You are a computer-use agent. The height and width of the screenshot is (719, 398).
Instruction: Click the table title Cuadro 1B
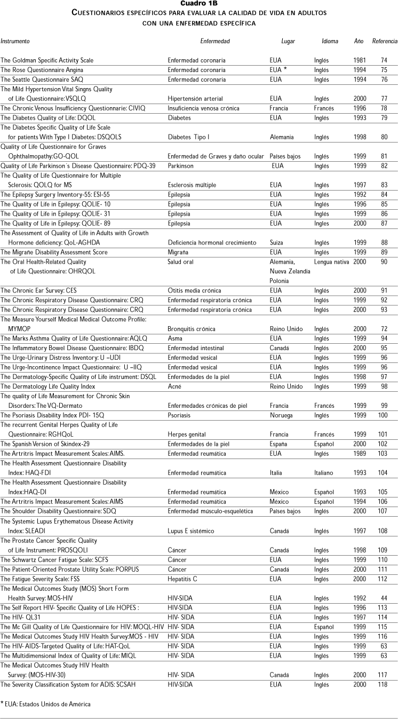pyautogui.click(x=198, y=4)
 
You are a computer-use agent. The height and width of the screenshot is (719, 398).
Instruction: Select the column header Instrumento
pyautogui.click(x=15, y=41)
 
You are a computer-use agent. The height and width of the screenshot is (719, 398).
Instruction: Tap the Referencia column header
pyautogui.click(x=384, y=41)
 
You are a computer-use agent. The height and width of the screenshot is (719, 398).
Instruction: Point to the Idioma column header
pyautogui.click(x=330, y=41)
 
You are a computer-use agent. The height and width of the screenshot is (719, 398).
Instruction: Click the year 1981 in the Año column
pyautogui.click(x=360, y=60)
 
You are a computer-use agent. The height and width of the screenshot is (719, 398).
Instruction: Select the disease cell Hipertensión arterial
pyautogui.click(x=195, y=99)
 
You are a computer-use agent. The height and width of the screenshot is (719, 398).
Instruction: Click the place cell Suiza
pyautogui.click(x=277, y=242)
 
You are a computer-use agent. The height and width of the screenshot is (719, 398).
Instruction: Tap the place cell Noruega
pyautogui.click(x=280, y=415)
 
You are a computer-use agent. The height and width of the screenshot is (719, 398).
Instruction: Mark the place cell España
pyautogui.click(x=279, y=444)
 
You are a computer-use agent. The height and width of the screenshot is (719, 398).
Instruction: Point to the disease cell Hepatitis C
pyautogui.click(x=185, y=579)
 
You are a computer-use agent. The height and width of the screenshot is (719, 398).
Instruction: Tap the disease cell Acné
pyautogui.click(x=175, y=386)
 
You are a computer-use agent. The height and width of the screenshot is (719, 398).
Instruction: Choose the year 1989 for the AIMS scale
pyautogui.click(x=360, y=454)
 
